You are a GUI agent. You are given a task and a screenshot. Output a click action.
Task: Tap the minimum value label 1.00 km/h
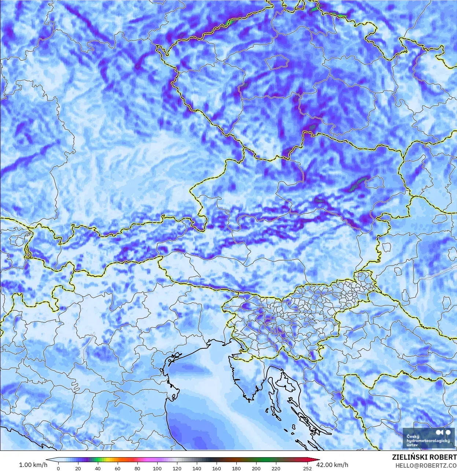point(33,465)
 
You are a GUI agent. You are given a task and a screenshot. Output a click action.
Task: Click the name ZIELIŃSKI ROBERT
point(424,457)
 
